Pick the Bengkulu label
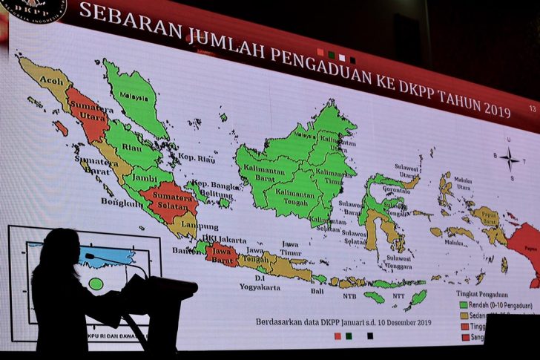click(120, 202)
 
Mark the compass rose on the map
click(509, 157)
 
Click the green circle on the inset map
click(96, 284)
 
